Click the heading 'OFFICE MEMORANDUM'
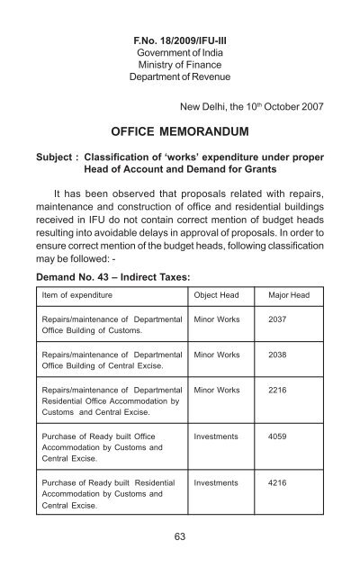tap(180, 139)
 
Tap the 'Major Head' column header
tap(290, 319)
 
